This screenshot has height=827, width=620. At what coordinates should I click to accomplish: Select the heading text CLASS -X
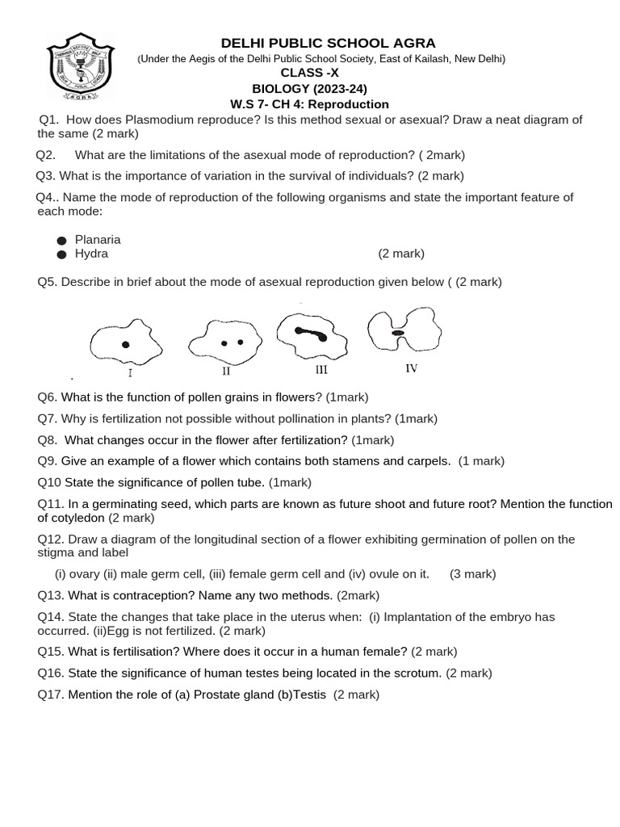309,73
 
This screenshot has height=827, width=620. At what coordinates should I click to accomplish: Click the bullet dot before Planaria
61,241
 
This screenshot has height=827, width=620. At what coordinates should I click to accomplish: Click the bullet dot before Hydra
61,254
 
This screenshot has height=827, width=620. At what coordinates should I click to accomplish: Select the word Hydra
91,254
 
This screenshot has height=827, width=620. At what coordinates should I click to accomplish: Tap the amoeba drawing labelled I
126,342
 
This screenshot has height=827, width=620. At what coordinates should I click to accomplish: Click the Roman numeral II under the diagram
226,372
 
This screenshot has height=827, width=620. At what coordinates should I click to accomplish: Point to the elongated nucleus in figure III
310,333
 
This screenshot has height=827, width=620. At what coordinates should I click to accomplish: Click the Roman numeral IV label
411,369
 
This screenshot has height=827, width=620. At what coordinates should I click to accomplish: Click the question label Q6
48,397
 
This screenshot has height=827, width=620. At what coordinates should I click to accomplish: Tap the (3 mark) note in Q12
473,574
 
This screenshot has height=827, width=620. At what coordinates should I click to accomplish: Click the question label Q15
50,652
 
